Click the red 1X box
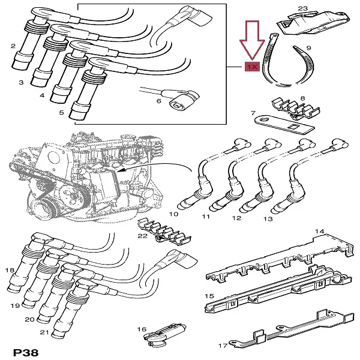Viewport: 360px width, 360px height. point(251,68)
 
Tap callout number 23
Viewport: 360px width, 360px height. point(302,8)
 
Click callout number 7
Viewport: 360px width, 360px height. point(254,113)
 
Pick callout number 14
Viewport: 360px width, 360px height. point(320,231)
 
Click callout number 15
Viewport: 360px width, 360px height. point(209,296)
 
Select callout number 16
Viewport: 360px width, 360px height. point(142,329)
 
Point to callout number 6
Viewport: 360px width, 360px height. point(159,102)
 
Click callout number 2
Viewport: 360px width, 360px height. point(13,46)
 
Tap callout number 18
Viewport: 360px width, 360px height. point(10,271)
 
